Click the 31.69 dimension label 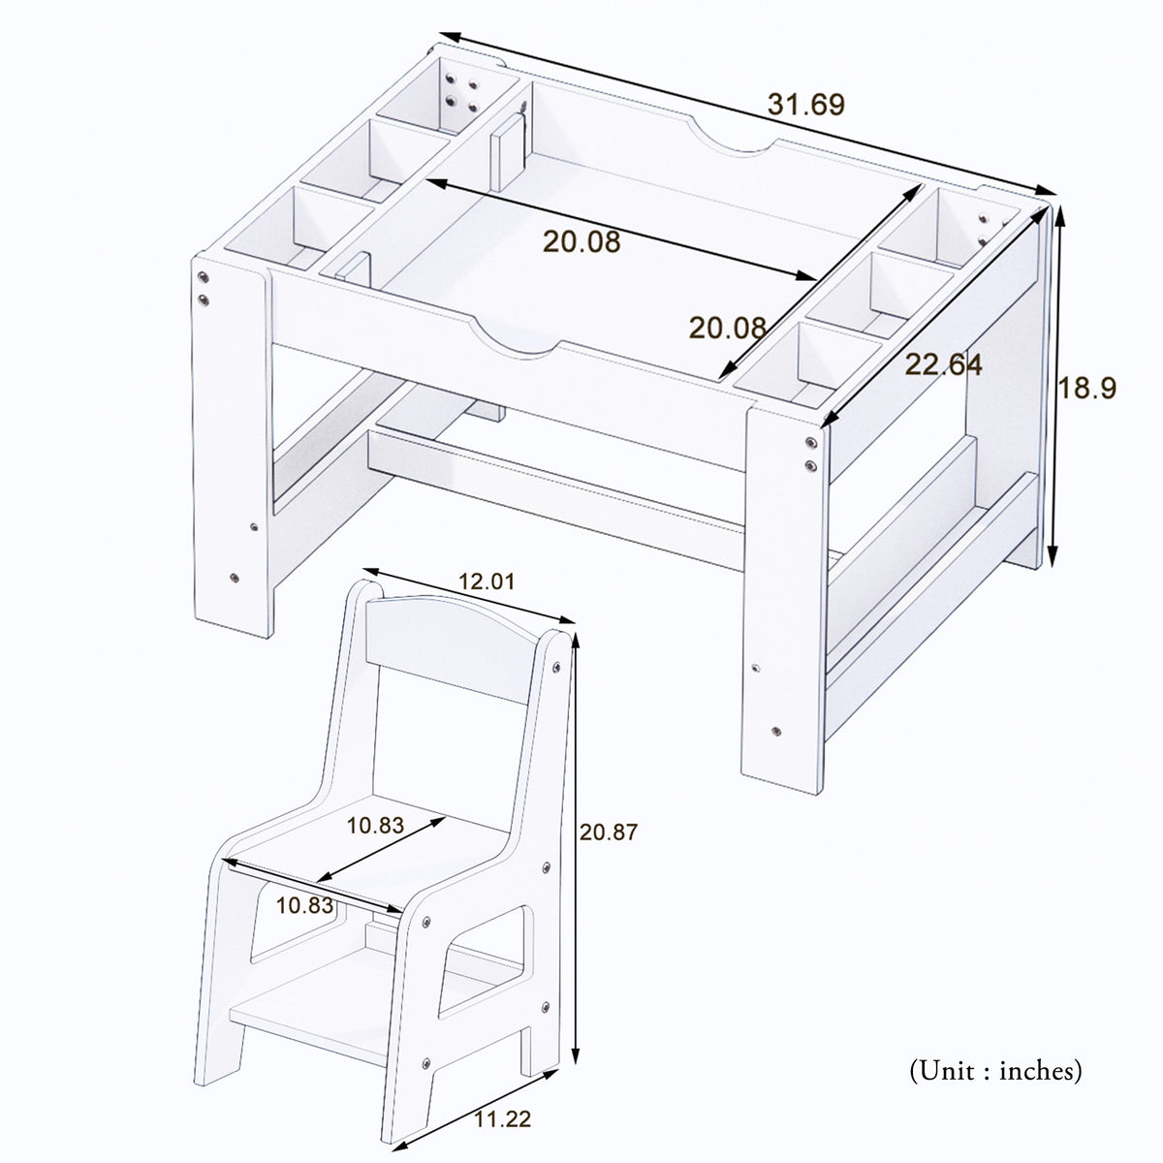pyautogui.click(x=805, y=104)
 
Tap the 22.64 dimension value pyautogui.click(x=943, y=365)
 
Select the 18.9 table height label pyautogui.click(x=1086, y=389)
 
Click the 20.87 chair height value pyautogui.click(x=609, y=832)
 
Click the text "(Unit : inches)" pyautogui.click(x=994, y=1071)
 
